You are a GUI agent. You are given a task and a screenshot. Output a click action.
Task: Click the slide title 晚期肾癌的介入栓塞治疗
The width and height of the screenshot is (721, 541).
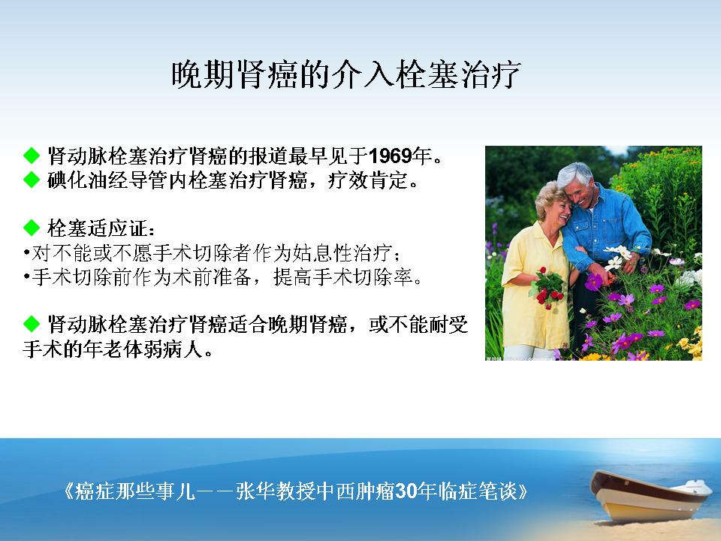click(x=345, y=74)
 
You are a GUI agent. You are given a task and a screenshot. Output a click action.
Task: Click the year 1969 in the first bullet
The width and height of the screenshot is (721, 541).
click(x=390, y=156)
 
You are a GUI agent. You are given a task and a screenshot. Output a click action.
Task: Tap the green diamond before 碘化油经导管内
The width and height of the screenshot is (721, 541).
click(x=32, y=180)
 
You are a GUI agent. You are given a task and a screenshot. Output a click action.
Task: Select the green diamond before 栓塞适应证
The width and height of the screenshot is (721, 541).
click(x=32, y=227)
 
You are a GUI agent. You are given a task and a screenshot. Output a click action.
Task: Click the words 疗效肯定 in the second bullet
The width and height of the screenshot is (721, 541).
click(x=367, y=180)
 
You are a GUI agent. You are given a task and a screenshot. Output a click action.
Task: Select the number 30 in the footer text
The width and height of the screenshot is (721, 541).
click(x=406, y=491)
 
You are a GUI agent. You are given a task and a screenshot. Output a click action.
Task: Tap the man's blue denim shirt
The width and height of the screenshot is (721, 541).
click(x=606, y=225)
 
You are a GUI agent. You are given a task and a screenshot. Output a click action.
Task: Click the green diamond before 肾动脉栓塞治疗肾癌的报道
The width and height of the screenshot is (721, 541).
click(x=32, y=156)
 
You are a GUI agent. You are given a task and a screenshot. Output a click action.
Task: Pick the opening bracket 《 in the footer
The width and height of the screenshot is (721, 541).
click(x=68, y=491)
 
